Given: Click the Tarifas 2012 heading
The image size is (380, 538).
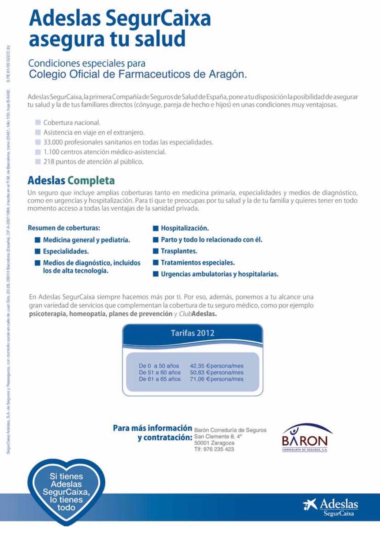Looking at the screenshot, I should [x=193, y=333].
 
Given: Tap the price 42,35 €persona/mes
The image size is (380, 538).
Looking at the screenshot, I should [x=216, y=366].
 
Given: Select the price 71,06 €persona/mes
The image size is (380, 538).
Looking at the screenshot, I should [x=216, y=379].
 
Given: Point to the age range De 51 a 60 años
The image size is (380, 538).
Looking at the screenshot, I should [x=160, y=373].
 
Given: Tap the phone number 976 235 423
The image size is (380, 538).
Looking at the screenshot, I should [x=218, y=449].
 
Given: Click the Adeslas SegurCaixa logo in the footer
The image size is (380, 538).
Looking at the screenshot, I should [x=331, y=507].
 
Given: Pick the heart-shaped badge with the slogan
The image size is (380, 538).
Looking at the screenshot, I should [x=66, y=492].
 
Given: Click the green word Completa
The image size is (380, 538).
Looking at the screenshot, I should [x=91, y=181].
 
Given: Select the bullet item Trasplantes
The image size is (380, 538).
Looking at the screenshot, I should [x=179, y=251].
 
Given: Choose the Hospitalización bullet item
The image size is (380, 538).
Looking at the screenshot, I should [x=185, y=228].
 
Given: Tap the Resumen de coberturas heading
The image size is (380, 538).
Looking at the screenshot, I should [x=64, y=228].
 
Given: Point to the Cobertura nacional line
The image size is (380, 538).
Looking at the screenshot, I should [x=72, y=123].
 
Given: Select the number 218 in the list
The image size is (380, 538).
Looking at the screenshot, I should [x=49, y=162].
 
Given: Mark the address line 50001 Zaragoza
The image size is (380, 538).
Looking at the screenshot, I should [x=214, y=443].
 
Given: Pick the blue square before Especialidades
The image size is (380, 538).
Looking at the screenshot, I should [x=37, y=251].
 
